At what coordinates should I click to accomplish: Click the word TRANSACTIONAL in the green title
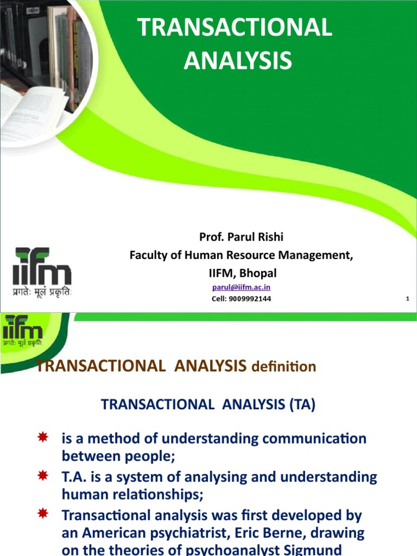pos(235,28)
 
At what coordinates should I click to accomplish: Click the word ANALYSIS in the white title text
pos(237,60)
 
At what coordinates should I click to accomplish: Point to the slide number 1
pos(407,299)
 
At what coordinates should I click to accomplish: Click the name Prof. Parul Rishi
pos(241,237)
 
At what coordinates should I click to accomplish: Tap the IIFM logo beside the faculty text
pos(42,271)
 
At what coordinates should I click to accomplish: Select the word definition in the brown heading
pos(283,367)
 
